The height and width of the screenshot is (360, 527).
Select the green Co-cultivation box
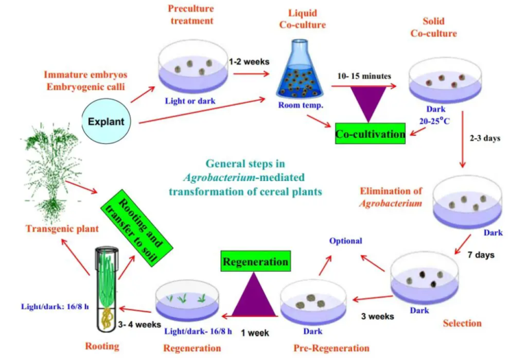click(x=371, y=134)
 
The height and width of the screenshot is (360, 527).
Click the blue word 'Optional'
click(x=345, y=241)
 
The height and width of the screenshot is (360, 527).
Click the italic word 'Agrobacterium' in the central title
click(x=219, y=177)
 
